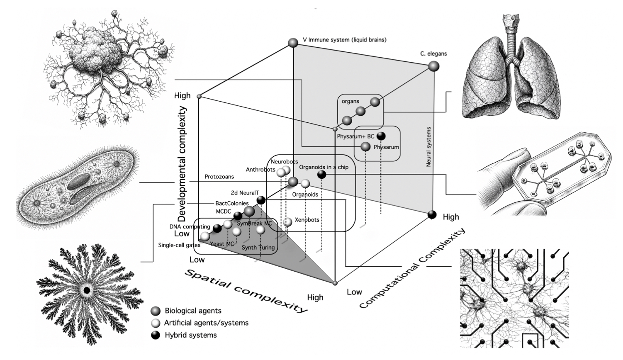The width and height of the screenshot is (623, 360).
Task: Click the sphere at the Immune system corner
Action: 293,42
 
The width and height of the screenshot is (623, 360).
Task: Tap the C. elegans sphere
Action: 433,66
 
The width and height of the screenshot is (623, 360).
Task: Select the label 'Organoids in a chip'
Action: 324,167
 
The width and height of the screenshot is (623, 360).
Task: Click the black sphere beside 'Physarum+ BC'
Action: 381,136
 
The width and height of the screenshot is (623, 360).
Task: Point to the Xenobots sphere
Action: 287,222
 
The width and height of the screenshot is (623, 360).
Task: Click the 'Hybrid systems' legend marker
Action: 156,335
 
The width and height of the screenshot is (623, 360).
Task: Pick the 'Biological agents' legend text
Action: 193,311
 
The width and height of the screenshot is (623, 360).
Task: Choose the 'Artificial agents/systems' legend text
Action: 206,323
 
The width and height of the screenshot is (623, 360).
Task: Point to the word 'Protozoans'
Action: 219,177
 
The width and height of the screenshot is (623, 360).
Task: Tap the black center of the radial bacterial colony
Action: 87,290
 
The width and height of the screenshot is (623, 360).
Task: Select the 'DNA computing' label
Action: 190,227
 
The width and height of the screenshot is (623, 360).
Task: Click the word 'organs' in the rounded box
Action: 350,101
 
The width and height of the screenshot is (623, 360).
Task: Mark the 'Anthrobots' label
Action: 260,170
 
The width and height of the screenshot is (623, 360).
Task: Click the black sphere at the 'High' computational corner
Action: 432,214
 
